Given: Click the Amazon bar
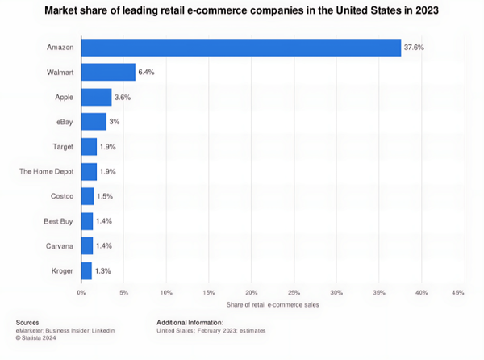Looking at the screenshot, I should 241,48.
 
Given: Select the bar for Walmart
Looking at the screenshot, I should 108,73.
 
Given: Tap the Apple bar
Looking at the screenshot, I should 97,97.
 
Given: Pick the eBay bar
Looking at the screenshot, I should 94,122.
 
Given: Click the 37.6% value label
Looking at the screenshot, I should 414,48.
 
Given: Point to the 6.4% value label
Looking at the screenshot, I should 147,73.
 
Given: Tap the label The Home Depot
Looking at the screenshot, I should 46,171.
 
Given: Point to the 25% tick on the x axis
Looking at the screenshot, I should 294,291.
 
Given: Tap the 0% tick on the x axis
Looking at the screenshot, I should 81,291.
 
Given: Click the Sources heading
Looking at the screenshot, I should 28,323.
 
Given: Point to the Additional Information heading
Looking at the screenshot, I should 190,323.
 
